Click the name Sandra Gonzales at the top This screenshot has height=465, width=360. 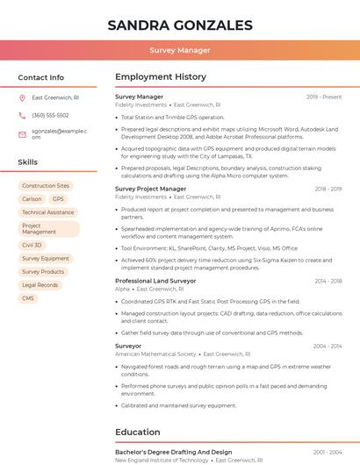pyautogui.click(x=180, y=25)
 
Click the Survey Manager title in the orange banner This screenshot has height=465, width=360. pyautogui.click(x=180, y=50)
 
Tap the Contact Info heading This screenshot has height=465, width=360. pyautogui.click(x=41, y=77)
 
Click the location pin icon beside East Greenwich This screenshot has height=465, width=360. pyautogui.click(x=23, y=97)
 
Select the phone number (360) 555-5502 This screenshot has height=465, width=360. pyautogui.click(x=50, y=115)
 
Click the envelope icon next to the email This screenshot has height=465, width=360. pyautogui.click(x=23, y=134)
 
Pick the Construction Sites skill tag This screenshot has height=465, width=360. pyautogui.click(x=46, y=186)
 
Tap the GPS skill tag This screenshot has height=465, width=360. pyautogui.click(x=58, y=199)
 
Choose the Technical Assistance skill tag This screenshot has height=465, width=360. pyautogui.click(x=47, y=212)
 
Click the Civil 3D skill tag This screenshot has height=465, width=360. pyautogui.click(x=32, y=246)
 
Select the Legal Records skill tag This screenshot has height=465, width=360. pyautogui.click(x=40, y=285)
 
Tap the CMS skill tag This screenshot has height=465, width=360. pyautogui.click(x=28, y=298)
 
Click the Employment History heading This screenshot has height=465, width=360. pyautogui.click(x=161, y=77)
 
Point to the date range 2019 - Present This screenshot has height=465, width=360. pyautogui.click(x=324, y=97)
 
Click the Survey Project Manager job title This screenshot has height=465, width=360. pyautogui.click(x=150, y=189)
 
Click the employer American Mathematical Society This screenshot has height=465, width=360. pyautogui.click(x=155, y=354)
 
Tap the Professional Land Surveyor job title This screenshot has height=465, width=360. pyautogui.click(x=155, y=281)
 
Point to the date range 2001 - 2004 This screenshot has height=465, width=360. pyautogui.click(x=328, y=452)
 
